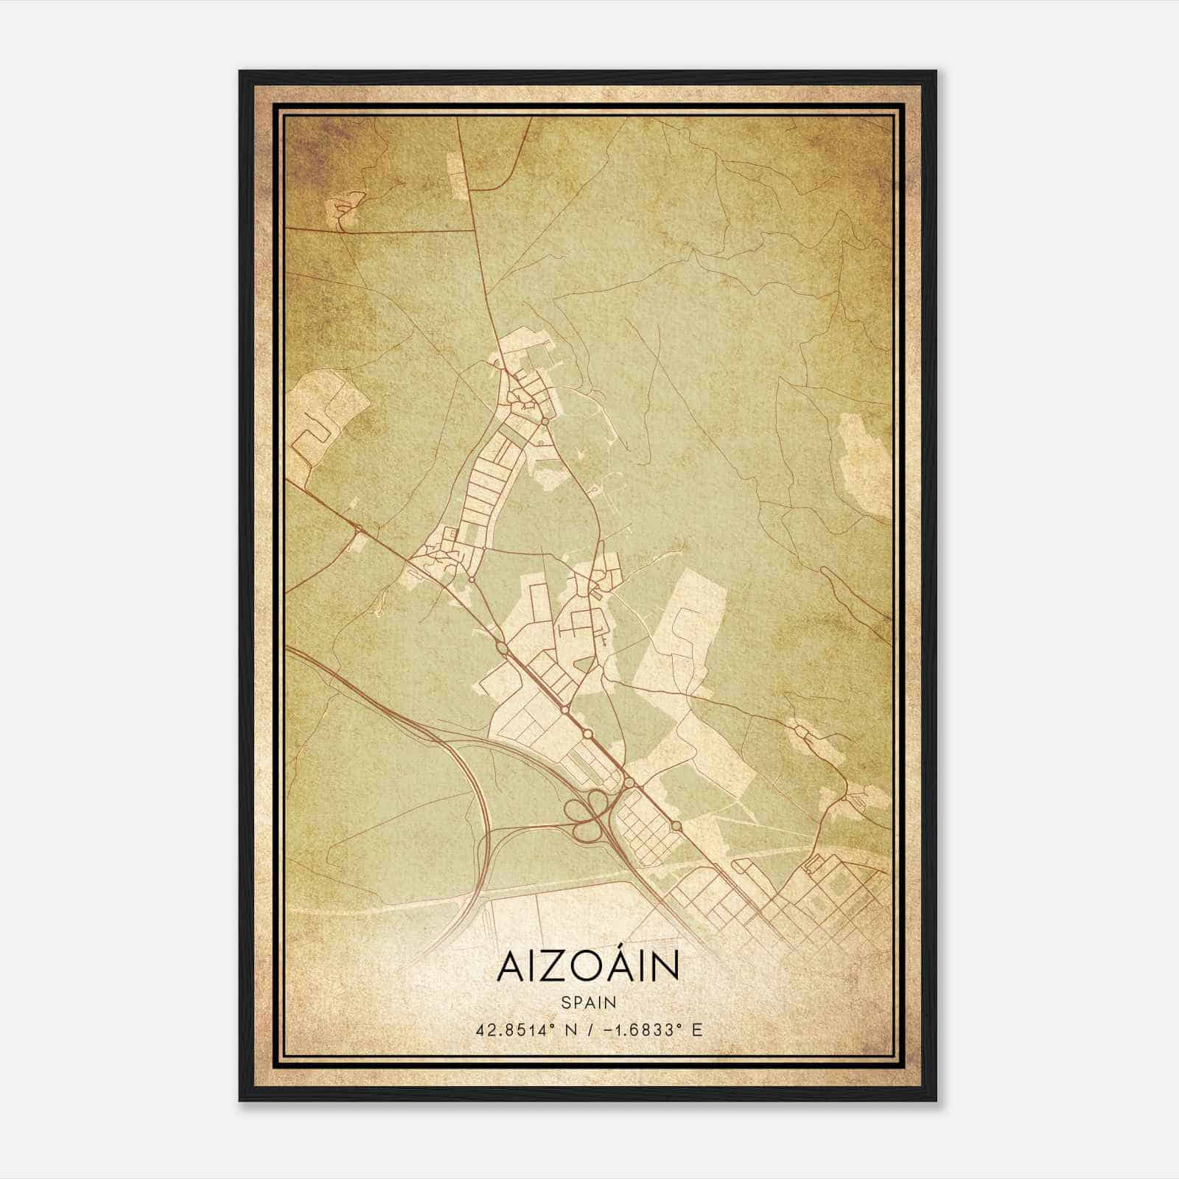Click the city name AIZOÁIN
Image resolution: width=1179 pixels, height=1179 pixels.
(x=588, y=968)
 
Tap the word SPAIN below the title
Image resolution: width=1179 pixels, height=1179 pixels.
(x=588, y=1002)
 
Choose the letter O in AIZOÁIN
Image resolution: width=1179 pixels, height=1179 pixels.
(x=587, y=968)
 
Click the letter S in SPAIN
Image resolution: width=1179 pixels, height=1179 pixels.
(x=565, y=1002)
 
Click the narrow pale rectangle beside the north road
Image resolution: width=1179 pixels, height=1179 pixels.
(x=458, y=175)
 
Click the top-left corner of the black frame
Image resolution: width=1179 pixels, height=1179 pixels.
(x=240, y=72)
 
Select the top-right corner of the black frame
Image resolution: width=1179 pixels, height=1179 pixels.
(x=935, y=72)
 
